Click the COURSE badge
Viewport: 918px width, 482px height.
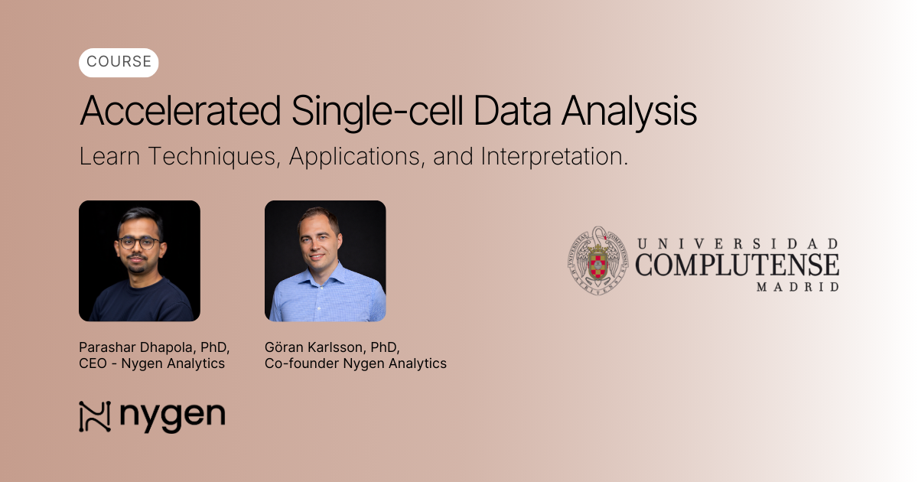(x=119, y=62)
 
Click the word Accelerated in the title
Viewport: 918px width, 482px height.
(x=181, y=111)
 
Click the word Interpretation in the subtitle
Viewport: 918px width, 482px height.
(x=554, y=157)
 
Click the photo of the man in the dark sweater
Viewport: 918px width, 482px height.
(x=139, y=261)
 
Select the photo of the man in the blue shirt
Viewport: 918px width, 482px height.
(x=325, y=261)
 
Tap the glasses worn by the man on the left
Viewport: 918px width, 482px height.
(x=140, y=243)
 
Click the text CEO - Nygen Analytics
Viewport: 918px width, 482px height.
(x=151, y=363)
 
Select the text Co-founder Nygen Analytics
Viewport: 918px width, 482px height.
(x=355, y=363)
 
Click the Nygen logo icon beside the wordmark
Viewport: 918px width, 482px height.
(x=95, y=417)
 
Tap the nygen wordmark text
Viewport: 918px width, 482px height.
(x=172, y=417)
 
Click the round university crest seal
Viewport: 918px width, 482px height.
(x=597, y=261)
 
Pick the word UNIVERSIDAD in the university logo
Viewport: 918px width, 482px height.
(x=737, y=244)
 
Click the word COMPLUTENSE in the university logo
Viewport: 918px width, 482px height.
(x=737, y=265)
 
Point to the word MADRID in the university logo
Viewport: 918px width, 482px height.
(x=797, y=287)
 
